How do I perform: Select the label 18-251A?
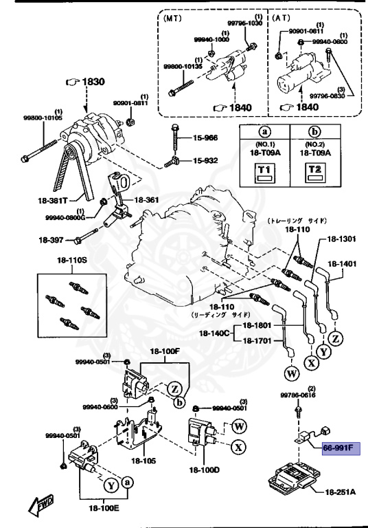[341, 493]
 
